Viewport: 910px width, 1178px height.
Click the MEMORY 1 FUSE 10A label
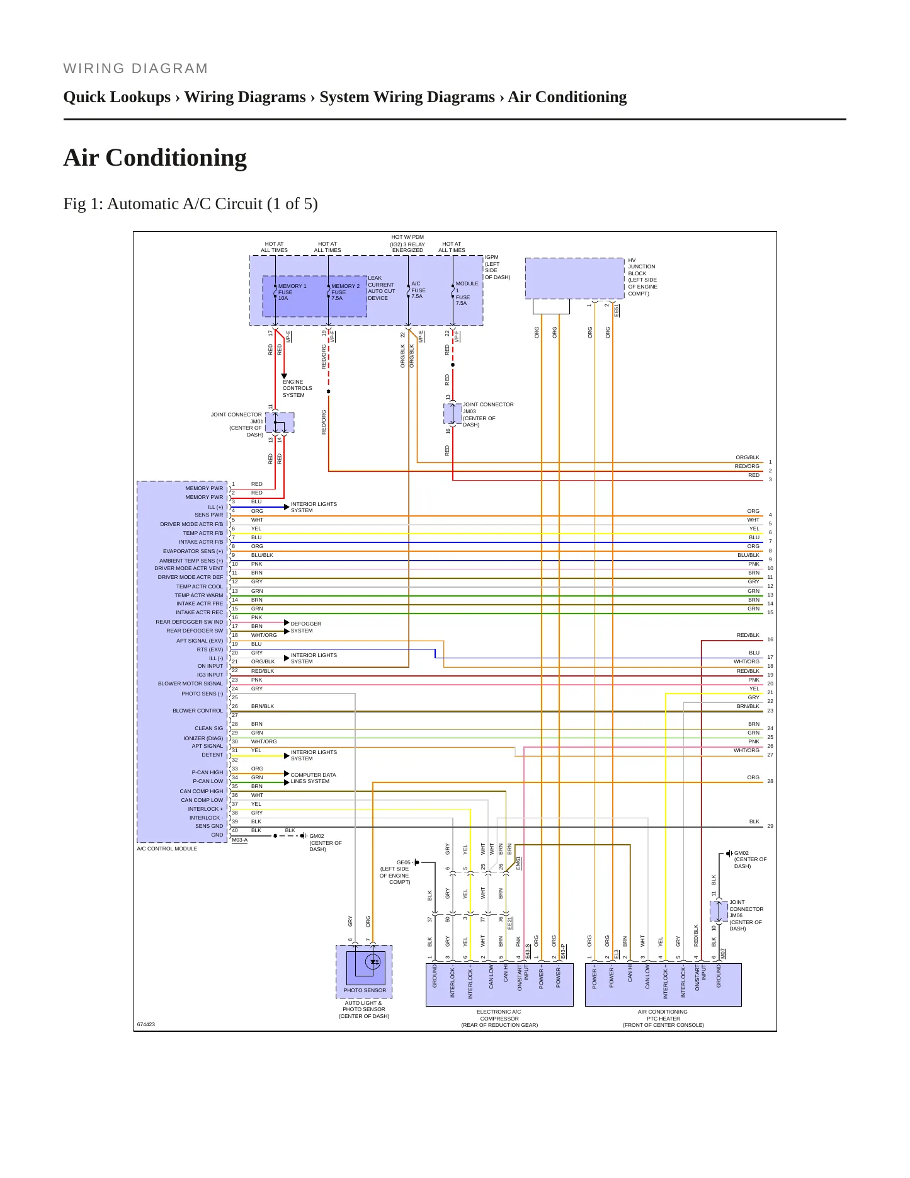292,292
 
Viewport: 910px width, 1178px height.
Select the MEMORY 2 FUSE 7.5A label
345,292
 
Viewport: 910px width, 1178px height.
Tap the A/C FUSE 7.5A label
418,290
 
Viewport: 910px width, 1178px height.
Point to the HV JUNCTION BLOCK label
642,277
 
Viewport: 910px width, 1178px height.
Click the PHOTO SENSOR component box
364,971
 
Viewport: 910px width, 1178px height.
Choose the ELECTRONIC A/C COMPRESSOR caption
499,1018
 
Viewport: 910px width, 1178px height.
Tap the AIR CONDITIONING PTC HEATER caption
663,1018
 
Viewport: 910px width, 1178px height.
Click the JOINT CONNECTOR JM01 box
280,423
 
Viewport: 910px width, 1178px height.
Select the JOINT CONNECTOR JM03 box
452,414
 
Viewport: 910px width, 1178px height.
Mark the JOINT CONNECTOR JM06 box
719,911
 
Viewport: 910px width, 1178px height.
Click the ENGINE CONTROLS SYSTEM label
297,389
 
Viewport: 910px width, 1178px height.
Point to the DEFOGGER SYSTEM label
306,627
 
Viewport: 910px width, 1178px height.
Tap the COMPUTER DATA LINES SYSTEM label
313,778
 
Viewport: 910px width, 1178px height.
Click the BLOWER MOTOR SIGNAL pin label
190,683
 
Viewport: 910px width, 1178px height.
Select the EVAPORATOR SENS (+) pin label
193,551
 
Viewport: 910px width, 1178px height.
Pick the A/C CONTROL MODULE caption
167,849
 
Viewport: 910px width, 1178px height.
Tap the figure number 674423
145,1024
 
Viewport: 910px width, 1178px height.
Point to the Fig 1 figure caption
190,204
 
